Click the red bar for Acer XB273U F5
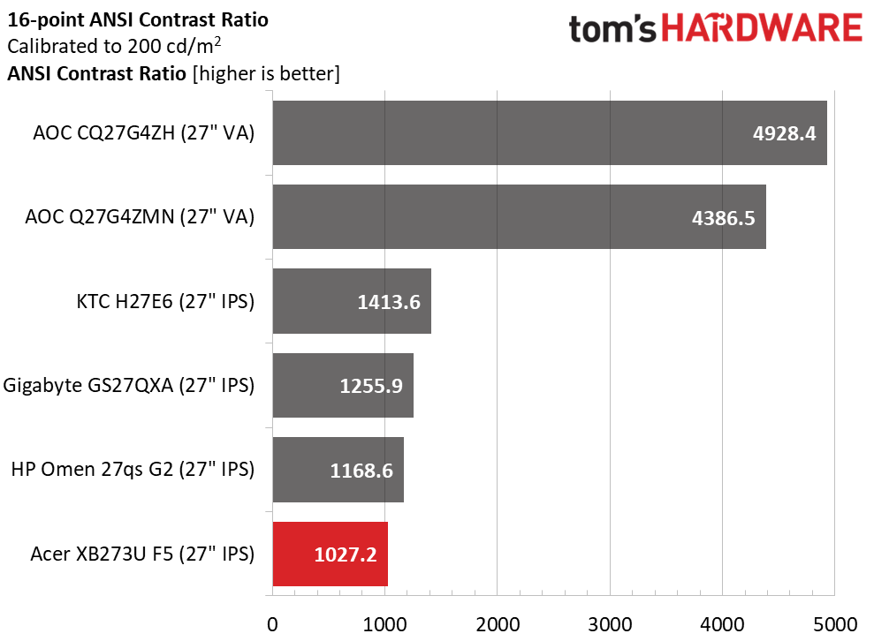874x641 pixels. [x=330, y=554]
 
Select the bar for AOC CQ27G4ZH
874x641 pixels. [x=549, y=132]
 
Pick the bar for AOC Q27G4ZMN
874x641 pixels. [x=519, y=216]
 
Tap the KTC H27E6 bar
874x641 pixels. [x=352, y=301]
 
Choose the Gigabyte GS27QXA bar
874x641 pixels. [x=343, y=385]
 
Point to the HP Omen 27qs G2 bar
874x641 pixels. [x=338, y=470]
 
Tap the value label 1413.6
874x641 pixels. [x=389, y=302]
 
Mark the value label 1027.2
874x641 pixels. [x=346, y=555]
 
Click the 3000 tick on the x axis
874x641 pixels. [x=610, y=623]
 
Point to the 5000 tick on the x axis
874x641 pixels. [x=835, y=623]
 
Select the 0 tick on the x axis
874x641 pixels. [x=273, y=623]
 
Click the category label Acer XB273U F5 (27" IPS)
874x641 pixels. [x=142, y=554]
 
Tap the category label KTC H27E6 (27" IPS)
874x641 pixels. [x=165, y=301]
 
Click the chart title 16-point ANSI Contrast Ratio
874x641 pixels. [x=137, y=19]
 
